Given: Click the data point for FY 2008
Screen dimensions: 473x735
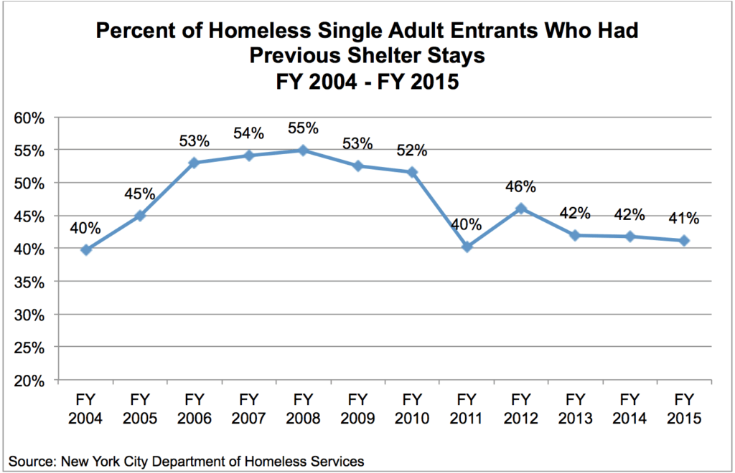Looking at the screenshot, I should tap(303, 150).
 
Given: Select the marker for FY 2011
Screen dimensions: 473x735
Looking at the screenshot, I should tap(467, 247).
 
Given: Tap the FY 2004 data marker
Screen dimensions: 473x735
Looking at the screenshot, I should tap(85, 249).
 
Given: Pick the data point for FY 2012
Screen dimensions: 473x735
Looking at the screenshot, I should tap(521, 209).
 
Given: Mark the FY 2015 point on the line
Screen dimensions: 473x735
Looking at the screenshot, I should tap(684, 241).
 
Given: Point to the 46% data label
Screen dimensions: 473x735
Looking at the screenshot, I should tap(521, 187).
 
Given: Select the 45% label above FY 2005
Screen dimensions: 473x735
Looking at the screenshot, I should tap(140, 193).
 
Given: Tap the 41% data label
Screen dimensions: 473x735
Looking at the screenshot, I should tap(684, 219).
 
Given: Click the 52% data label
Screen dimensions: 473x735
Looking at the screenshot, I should tap(412, 150).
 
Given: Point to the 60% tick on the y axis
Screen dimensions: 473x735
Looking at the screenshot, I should tap(32, 118).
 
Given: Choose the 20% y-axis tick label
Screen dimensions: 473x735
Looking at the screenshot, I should tap(32, 381).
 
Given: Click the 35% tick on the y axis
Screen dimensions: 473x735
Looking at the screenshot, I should tap(32, 282).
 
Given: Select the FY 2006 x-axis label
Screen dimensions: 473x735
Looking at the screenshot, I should tap(195, 408).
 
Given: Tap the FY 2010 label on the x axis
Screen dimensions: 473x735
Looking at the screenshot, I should tap(412, 408).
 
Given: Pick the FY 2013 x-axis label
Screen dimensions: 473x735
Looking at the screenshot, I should tap(575, 408).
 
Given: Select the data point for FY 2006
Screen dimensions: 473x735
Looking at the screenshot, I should tap(194, 163).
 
